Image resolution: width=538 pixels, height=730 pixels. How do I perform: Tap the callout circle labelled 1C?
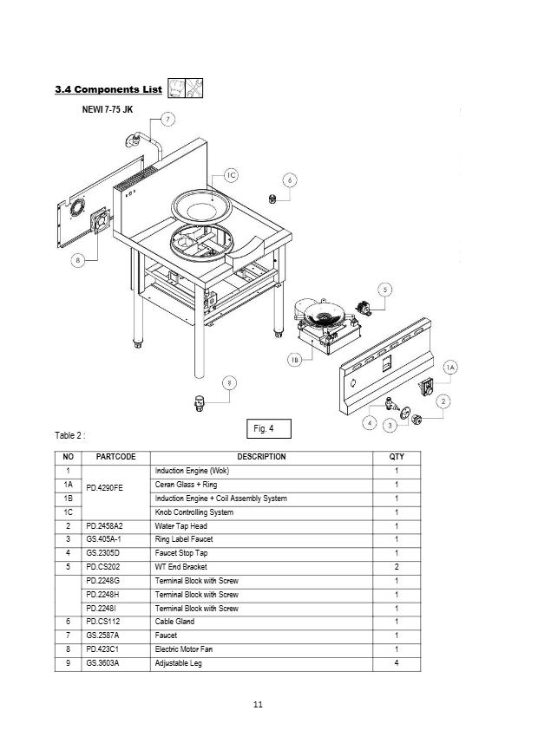point(230,175)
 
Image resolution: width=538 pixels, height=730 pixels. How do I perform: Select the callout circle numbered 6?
point(291,179)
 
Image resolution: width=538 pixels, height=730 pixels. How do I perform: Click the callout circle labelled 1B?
point(295,360)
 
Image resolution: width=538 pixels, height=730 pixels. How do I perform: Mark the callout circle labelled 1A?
point(449,368)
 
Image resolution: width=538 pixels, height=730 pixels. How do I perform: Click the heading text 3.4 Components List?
point(108,89)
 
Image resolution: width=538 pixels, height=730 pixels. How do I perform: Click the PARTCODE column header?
point(115,457)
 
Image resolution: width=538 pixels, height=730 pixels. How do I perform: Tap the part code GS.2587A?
point(102,635)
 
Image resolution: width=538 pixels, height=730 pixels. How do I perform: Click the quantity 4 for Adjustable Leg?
point(397,663)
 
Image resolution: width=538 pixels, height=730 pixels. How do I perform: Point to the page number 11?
point(258,703)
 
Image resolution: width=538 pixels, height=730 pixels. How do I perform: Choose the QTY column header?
point(397,457)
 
